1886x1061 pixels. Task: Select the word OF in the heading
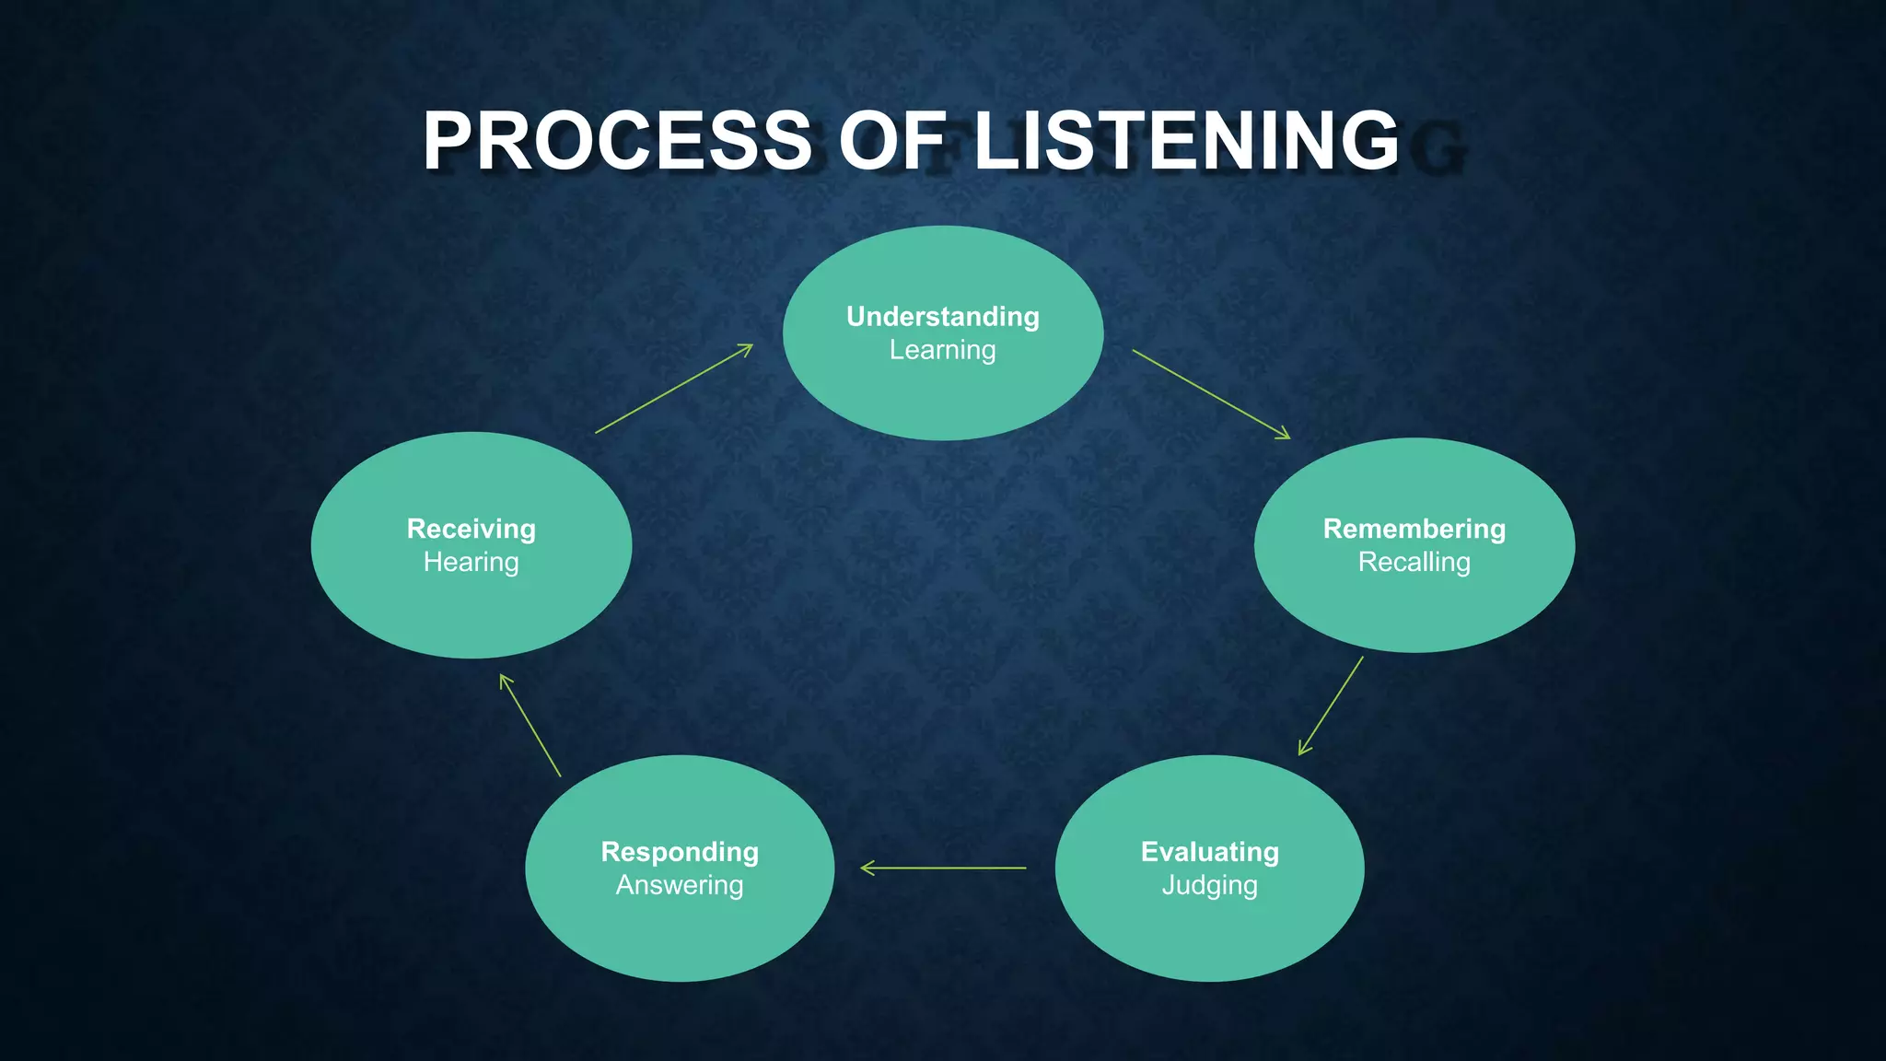tap(892, 141)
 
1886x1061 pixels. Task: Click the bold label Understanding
tap(943, 317)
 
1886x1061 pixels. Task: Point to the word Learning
tap(943, 350)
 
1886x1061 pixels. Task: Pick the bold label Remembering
tap(1414, 529)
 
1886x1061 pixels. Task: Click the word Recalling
tap(1414, 562)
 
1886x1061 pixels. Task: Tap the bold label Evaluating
tap(1210, 852)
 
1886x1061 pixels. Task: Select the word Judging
tap(1210, 885)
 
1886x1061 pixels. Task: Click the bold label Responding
tap(680, 852)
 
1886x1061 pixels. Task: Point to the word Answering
tap(680, 885)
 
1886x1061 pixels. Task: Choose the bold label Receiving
tap(471, 529)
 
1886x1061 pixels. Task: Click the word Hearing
tap(471, 562)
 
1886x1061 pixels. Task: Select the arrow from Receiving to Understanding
tap(674, 389)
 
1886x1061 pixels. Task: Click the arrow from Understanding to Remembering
tap(1211, 394)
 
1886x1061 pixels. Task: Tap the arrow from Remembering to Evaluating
tap(1331, 705)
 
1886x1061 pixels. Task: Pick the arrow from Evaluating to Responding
tap(943, 868)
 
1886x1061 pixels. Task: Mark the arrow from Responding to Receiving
tap(530, 726)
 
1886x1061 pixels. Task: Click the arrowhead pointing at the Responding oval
tap(865, 868)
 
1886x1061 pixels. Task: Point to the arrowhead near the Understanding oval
tap(747, 348)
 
